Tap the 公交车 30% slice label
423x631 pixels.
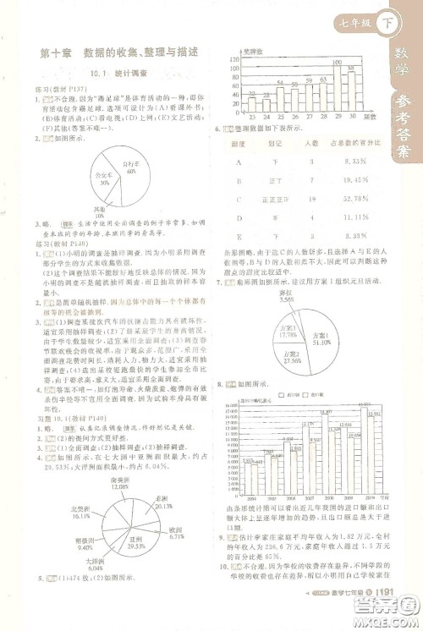tap(104, 180)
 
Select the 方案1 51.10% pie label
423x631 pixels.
tap(320, 330)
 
